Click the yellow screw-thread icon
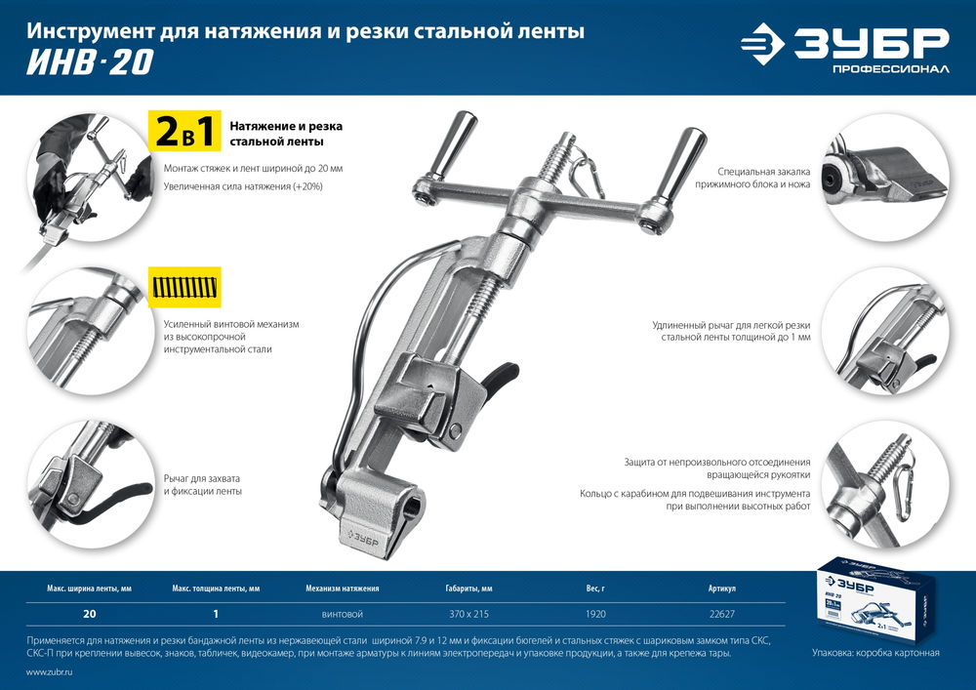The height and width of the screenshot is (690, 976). tap(184, 287)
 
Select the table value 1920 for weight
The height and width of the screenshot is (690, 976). tap(596, 615)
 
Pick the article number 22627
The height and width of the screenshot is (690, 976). tap(721, 615)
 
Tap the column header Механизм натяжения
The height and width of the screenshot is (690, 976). tap(342, 589)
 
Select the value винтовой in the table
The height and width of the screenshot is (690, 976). tap(342, 615)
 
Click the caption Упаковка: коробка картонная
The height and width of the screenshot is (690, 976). tap(875, 652)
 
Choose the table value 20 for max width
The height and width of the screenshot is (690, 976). tap(90, 615)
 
